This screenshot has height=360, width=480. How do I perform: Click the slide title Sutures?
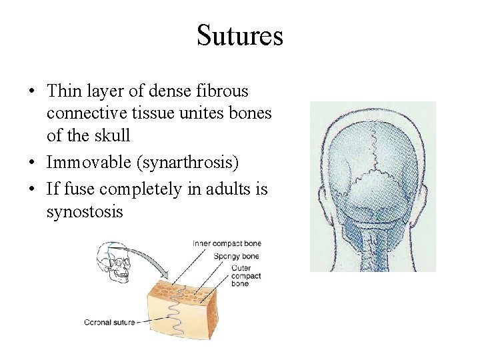[x=240, y=35]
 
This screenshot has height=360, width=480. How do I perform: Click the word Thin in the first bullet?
[x=64, y=91]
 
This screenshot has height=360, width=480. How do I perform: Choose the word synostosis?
[x=85, y=212]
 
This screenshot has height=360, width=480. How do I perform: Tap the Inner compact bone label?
[x=227, y=243]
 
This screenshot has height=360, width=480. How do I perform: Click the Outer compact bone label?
[x=246, y=276]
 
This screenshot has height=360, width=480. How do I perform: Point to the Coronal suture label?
[x=109, y=323]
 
